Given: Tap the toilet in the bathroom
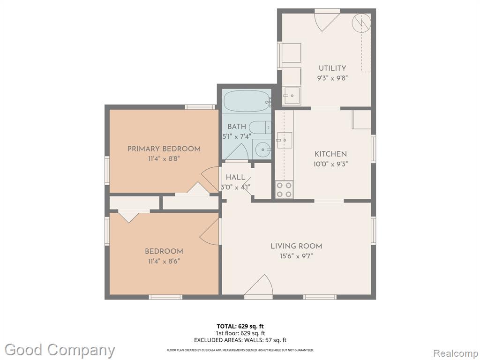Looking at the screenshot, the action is pos(260,127).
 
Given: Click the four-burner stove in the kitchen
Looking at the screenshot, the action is pos(284,189).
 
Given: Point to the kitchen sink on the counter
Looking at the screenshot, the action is pos(285,140).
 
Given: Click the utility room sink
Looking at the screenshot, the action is pos(291,96).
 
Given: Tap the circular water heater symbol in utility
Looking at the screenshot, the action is pos(361,22).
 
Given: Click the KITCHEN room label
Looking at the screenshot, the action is pos(330,154).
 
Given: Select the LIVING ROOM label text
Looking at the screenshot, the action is pos(296,246).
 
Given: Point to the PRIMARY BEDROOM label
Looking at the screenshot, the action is pos(164,149).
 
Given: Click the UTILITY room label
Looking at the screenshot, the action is pos(332,68).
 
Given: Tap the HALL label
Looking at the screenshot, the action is pos(235,177).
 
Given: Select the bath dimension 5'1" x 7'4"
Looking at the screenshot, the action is pos(237,136).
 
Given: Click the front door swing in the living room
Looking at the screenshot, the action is pos(259,285).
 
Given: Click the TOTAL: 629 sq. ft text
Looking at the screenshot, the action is pos(240,326).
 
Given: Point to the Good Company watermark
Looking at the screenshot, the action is pos(60,350).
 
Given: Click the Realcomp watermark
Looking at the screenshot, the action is pos(455,353).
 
